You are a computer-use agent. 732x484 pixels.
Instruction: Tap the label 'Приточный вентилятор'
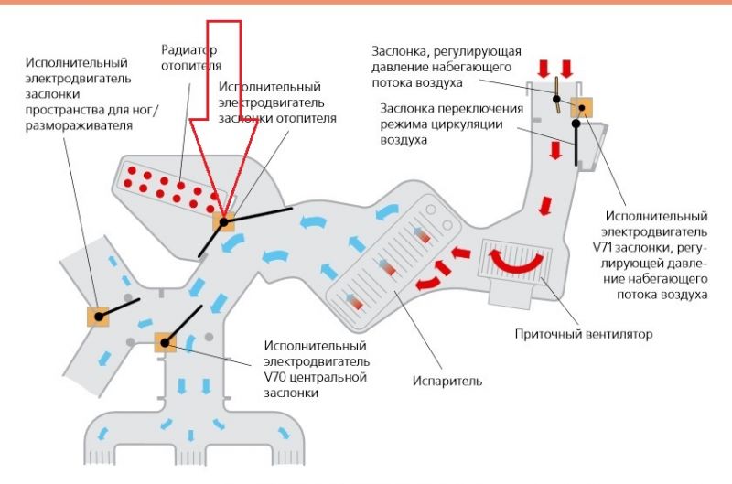[584, 335]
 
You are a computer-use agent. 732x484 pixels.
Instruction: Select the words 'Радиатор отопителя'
[190, 57]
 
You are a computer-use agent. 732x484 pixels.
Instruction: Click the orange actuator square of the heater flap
[224, 220]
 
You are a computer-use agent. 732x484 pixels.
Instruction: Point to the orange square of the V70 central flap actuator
[165, 342]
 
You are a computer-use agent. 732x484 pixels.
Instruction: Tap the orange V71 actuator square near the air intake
[580, 107]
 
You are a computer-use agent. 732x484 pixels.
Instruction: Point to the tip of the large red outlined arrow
[222, 213]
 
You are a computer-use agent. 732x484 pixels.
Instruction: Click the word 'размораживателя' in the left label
[77, 125]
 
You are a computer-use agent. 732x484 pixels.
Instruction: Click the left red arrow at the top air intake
[544, 68]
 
